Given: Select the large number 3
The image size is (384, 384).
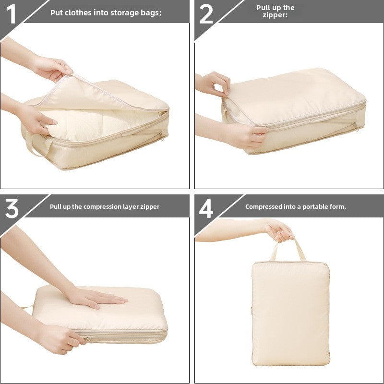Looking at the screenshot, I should pyautogui.click(x=12, y=208).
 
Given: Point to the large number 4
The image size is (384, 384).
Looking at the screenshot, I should pyautogui.click(x=206, y=208).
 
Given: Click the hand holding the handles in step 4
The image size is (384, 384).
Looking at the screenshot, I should pyautogui.click(x=279, y=230).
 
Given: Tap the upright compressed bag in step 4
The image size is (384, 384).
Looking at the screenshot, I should pyautogui.click(x=290, y=312).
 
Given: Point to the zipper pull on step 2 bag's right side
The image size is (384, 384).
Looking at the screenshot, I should pyautogui.click(x=355, y=127).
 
